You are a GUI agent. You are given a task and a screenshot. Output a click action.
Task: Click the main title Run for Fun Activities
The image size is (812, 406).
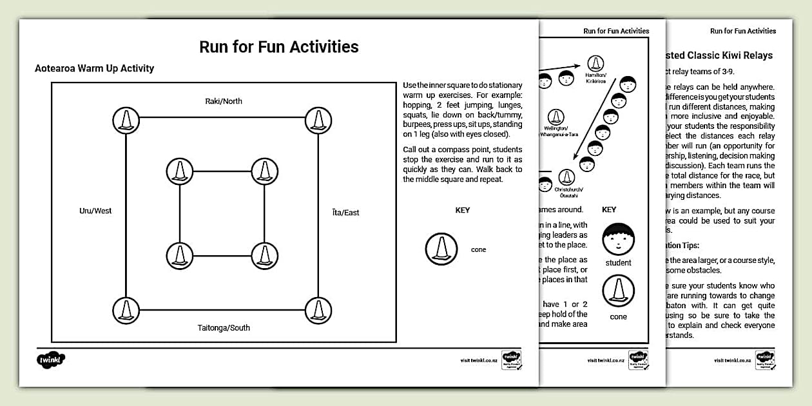point(278,46)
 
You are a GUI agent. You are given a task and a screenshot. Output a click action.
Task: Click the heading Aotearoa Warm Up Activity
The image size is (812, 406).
point(94,68)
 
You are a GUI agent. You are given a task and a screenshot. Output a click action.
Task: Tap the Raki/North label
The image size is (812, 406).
point(224,101)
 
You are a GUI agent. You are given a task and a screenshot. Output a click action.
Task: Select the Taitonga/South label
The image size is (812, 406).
point(224,327)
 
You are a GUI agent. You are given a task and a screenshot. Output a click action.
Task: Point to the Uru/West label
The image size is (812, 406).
point(95,211)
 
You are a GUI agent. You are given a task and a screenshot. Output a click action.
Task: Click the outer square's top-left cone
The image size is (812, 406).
point(126,119)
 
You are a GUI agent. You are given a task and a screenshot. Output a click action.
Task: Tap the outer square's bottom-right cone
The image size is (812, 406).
point(318,309)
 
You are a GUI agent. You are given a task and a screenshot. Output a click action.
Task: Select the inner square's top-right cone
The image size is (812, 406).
point(264,171)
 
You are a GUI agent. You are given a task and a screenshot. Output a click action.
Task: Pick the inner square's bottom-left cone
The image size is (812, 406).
point(180,255)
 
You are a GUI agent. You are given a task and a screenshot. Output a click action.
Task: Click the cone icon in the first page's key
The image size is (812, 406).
point(441,249)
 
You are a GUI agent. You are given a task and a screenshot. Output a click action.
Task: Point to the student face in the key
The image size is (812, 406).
point(618,239)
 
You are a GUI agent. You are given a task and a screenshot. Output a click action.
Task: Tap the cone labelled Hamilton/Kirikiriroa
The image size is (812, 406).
point(595,63)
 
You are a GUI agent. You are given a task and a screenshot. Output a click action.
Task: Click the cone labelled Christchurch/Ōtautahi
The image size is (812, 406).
point(566,178)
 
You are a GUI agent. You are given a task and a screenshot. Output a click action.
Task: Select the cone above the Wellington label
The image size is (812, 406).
point(555,117)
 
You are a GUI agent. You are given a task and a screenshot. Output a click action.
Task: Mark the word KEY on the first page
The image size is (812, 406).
point(463,210)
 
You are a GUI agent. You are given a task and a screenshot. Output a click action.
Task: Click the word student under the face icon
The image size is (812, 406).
point(618,263)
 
